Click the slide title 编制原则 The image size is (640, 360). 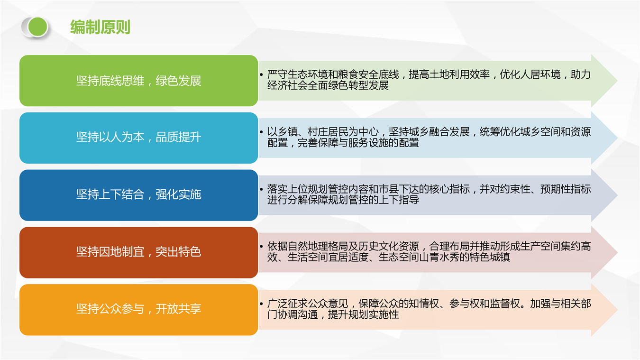click(101, 27)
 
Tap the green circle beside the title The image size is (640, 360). click(38, 27)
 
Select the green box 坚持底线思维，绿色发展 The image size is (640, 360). click(139, 81)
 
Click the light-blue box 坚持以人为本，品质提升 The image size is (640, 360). click(139, 138)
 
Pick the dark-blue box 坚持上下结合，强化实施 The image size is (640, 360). click(139, 195)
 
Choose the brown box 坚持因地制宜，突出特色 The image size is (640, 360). click(139, 252)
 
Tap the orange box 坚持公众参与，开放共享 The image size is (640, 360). click(139, 309)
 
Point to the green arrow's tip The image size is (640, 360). click(617, 81)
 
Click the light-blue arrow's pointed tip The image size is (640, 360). click(617, 138)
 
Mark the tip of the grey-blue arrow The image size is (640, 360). click(617, 195)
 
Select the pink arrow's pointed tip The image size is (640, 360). click(617, 252)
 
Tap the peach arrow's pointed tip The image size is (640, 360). click(617, 310)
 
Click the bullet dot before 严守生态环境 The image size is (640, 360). click(261, 74)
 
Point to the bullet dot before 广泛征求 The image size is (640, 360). click(261, 304)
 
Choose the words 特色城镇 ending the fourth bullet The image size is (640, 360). click(490, 257)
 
